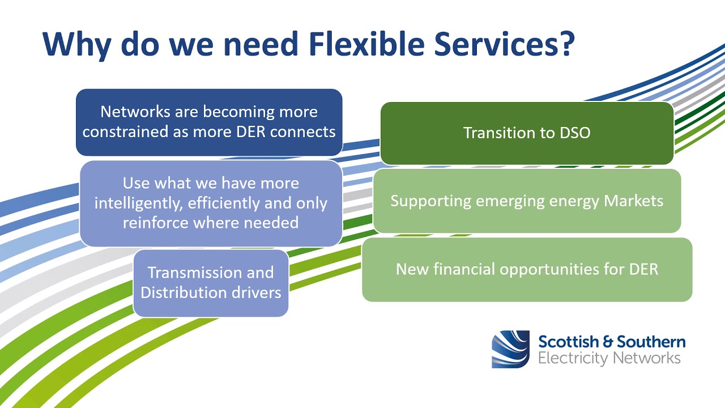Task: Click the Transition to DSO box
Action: (527, 133)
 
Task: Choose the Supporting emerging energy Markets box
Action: (527, 201)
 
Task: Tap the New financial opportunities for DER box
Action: (527, 269)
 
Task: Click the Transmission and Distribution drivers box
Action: (211, 283)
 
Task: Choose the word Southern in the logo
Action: (651, 342)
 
